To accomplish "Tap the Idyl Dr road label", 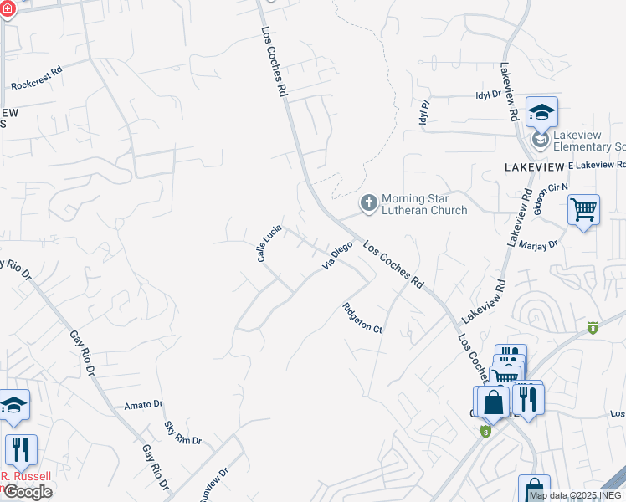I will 487,95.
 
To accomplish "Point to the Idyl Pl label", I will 424,112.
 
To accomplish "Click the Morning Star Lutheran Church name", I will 424,204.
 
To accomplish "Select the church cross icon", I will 368,202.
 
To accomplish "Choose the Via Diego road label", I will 337,256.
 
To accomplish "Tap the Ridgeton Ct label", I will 362,318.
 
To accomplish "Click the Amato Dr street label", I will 143,404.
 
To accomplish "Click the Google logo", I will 27,491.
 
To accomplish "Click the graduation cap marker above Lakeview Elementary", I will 541,112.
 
